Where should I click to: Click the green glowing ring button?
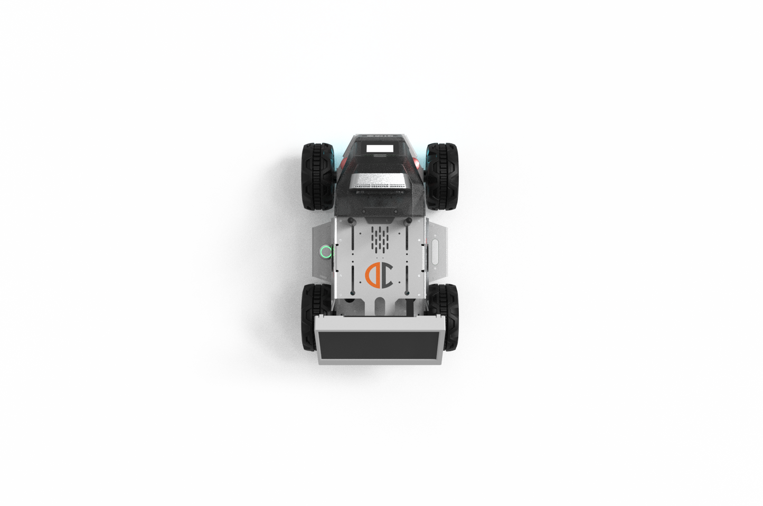[325, 252]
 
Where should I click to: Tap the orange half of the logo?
[372, 275]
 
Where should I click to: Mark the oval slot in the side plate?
[436, 252]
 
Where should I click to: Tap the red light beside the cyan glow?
[341, 158]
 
